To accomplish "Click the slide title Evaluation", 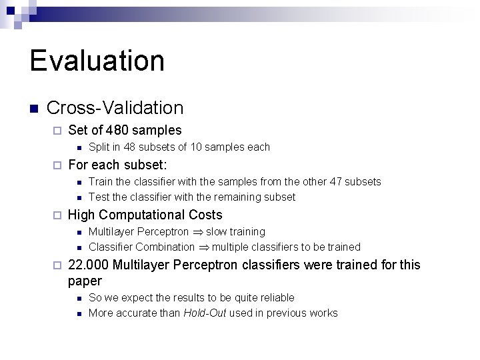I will point(97,60).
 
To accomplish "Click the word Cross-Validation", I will point(115,107).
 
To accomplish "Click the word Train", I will point(101,182).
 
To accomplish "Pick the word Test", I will point(99,197).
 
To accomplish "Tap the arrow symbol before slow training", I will point(197,232).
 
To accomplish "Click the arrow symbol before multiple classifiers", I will point(203,247).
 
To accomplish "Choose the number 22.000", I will point(89,265).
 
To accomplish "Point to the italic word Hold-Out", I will point(205,313).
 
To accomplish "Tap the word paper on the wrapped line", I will point(85,281).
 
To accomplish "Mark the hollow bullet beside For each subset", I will point(57,165).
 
